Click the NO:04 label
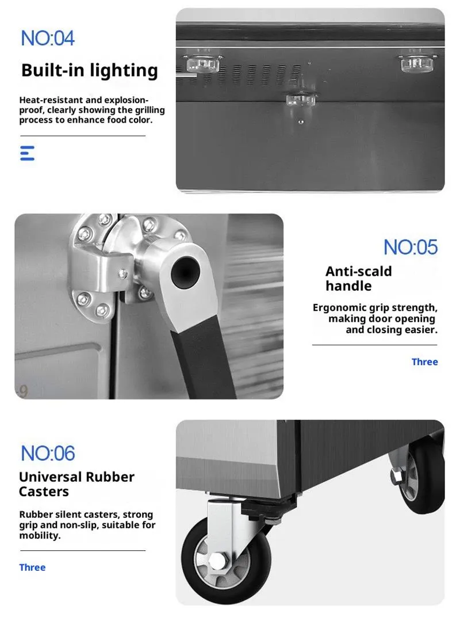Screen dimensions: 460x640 click(48, 39)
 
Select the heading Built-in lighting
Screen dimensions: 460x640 click(89, 70)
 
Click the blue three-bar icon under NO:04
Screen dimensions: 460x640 click(28, 153)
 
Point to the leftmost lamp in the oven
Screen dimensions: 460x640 click(202, 64)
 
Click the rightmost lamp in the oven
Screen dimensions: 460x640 click(416, 63)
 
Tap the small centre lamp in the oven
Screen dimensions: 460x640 click(301, 99)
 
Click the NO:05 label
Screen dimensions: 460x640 click(410, 247)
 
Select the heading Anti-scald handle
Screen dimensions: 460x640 click(358, 279)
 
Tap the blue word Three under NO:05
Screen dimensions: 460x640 click(424, 361)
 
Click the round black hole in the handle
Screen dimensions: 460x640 click(185, 272)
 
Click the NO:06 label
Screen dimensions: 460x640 click(48, 453)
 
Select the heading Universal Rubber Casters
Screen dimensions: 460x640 click(76, 484)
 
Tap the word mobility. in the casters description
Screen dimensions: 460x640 click(40, 535)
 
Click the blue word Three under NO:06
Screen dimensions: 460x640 click(32, 567)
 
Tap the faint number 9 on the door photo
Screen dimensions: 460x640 click(23, 391)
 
